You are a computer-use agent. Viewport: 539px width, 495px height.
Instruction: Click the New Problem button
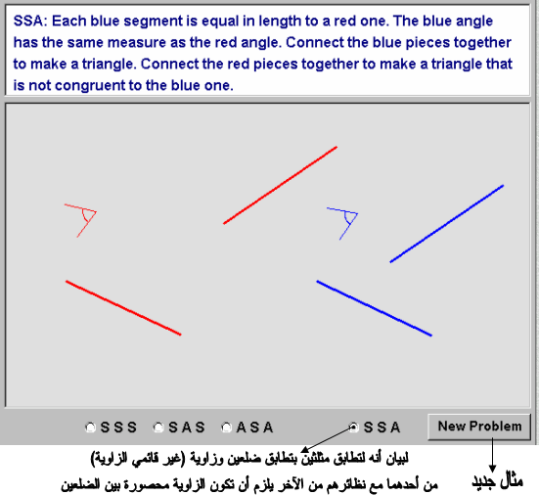pos(479,427)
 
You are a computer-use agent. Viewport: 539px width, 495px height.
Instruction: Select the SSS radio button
pos(90,427)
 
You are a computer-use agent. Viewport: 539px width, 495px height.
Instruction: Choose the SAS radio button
pos(158,427)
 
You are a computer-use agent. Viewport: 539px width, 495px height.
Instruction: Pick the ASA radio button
pos(226,427)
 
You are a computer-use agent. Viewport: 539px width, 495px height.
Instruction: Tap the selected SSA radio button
pos(353,427)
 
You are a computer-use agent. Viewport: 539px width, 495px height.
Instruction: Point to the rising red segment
pos(280,185)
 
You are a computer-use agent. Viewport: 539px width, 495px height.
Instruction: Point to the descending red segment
pos(123,307)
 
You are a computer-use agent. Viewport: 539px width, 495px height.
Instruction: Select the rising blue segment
pos(447,224)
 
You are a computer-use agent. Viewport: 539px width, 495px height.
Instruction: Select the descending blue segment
pos(375,308)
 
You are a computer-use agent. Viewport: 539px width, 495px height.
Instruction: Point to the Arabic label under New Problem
pos(497,481)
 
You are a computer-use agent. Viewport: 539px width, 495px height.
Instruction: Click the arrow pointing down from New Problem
pos(492,455)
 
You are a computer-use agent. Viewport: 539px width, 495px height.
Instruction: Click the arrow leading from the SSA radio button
pos(327,439)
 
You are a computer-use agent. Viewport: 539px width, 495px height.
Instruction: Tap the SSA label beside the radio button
pos(382,427)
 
